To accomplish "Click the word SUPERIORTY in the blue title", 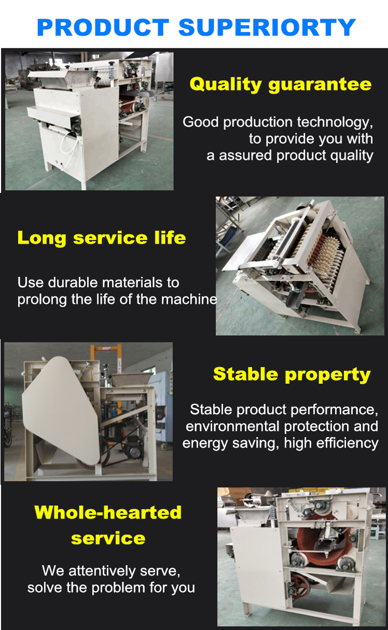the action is (x=267, y=27).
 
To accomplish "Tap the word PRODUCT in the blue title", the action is (x=103, y=27).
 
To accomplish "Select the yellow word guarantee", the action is (x=320, y=85).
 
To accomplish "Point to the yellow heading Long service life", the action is (x=102, y=239).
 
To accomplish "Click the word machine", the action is (x=189, y=299).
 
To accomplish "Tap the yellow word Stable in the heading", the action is (x=246, y=374).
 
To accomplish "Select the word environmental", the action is (x=232, y=426).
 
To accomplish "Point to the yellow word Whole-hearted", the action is (x=108, y=512).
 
